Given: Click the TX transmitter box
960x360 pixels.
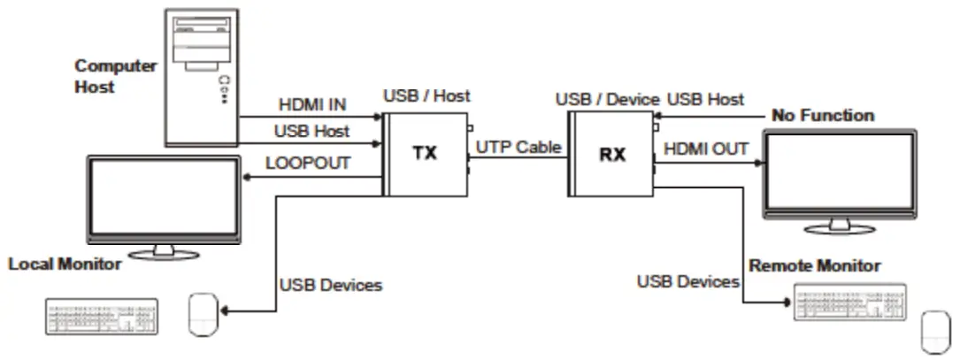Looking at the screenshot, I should tap(425, 153).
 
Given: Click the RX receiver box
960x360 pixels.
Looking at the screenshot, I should tap(611, 154).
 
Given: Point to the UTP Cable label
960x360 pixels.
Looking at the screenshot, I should tap(518, 147).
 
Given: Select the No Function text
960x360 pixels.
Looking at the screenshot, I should tap(823, 115).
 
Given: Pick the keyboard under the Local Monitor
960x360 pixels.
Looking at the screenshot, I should tap(101, 317).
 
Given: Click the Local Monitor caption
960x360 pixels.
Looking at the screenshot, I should tap(65, 264).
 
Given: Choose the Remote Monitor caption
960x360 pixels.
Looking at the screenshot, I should tap(815, 265).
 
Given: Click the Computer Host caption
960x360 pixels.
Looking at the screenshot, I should tap(116, 76).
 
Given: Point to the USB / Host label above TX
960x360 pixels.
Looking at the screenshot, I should tap(426, 95).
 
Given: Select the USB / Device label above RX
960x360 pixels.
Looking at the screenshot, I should tap(607, 99).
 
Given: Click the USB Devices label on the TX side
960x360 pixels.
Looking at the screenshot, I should tap(331, 286).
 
